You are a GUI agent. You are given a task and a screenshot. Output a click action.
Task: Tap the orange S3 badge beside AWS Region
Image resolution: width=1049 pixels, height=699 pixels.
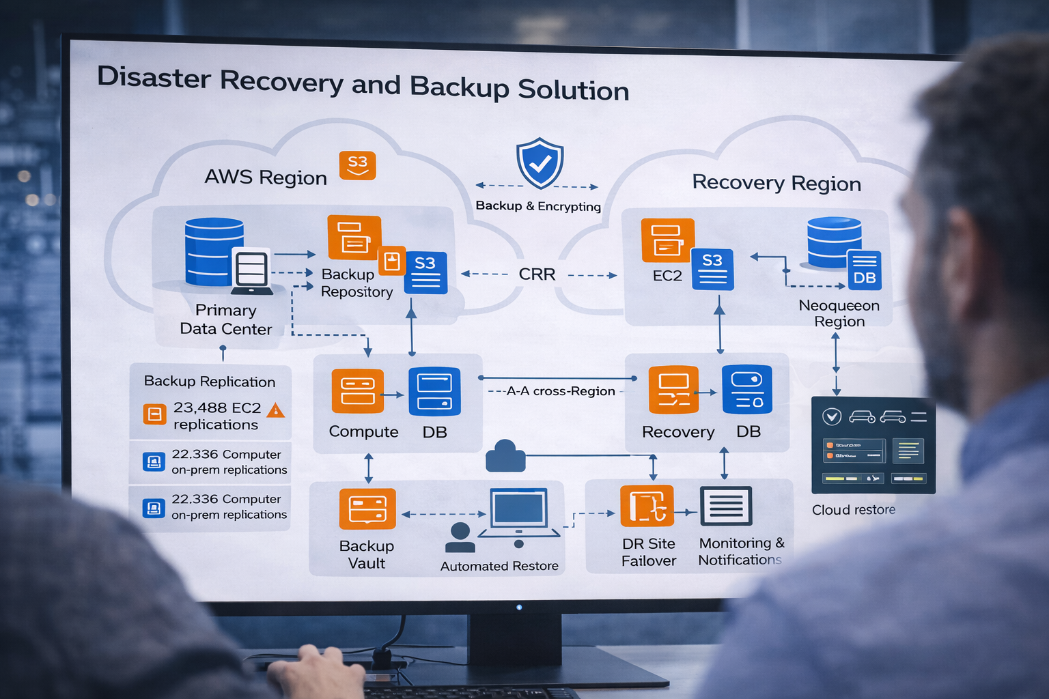(x=357, y=165)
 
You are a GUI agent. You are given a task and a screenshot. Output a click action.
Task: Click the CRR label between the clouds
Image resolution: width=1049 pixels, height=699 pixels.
(x=537, y=274)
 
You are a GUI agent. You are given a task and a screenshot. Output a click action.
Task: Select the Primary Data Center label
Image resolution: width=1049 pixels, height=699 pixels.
(x=225, y=319)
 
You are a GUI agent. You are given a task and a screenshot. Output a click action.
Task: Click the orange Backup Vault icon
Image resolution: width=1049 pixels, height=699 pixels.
(x=367, y=509)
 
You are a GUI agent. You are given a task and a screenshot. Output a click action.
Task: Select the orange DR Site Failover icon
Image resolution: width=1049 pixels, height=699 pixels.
(x=647, y=507)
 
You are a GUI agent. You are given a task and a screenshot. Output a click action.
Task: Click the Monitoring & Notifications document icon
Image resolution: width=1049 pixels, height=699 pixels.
(x=726, y=506)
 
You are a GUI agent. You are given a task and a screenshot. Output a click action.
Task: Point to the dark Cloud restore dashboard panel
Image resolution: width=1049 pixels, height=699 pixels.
(x=873, y=445)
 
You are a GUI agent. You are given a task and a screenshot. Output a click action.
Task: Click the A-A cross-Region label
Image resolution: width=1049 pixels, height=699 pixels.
(x=560, y=391)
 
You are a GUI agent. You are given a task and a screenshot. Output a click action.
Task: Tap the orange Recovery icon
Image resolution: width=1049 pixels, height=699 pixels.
(x=673, y=390)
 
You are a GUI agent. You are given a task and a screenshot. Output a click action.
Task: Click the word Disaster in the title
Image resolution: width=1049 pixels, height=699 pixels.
(x=154, y=77)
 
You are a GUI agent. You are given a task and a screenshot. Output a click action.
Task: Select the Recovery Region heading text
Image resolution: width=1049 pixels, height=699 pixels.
(x=776, y=183)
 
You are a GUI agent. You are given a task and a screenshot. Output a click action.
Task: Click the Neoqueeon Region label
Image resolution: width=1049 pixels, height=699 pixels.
(x=839, y=313)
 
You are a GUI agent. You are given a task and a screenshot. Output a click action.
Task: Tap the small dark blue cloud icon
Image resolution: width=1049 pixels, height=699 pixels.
(x=505, y=457)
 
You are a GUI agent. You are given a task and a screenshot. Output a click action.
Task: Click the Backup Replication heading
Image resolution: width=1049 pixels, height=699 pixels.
(x=210, y=382)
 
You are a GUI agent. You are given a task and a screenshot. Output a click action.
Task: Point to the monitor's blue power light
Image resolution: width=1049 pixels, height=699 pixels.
(x=519, y=607)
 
